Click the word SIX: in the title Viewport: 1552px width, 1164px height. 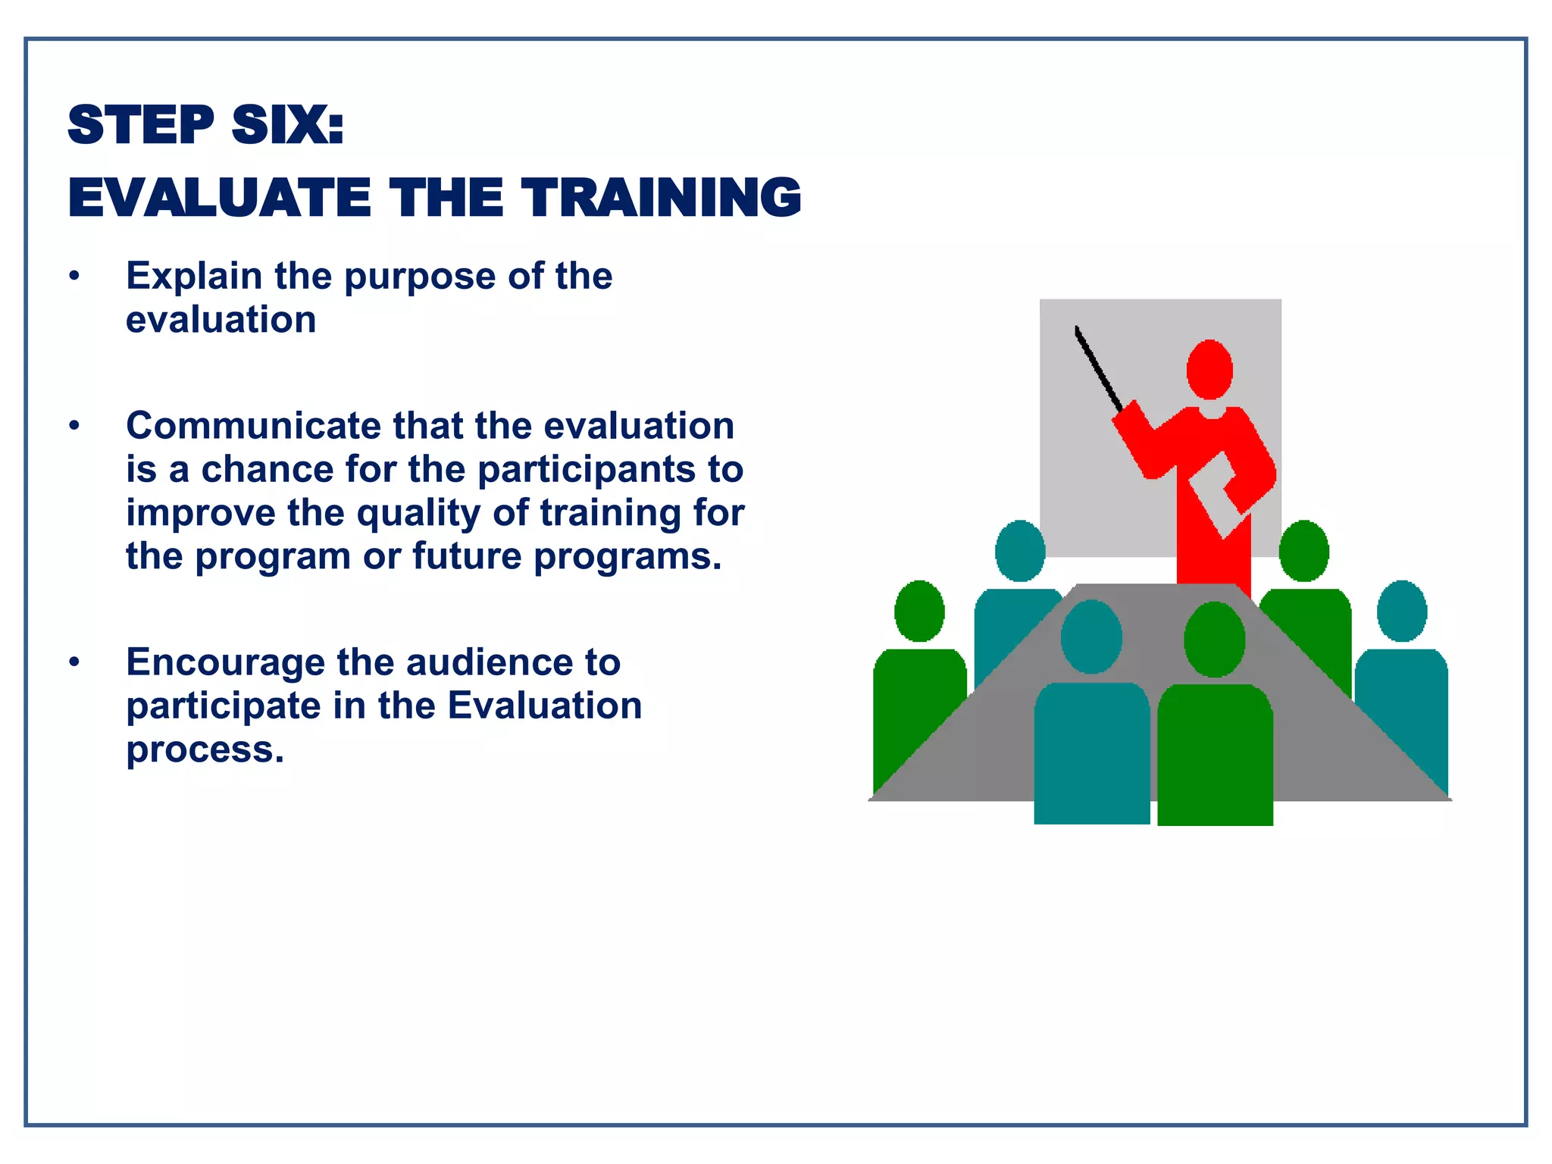pos(287,125)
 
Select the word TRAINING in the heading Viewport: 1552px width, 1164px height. pos(661,198)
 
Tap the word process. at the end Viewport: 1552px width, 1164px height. pos(205,749)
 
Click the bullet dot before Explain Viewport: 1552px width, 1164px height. pos(74,276)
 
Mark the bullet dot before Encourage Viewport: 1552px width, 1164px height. pos(74,662)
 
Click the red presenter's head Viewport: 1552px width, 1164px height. pos(1209,370)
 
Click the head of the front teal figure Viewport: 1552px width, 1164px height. pos(1091,637)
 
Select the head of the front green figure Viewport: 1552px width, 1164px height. pos(1215,639)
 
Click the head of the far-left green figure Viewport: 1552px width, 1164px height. pos(919,611)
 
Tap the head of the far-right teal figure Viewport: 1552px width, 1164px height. pos(1402,611)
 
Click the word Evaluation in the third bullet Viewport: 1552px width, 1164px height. pos(545,706)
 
